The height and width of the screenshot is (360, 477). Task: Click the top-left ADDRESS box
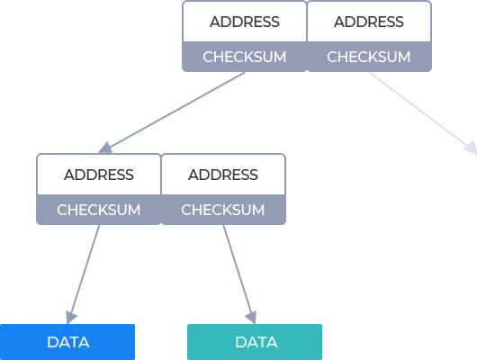pos(245,22)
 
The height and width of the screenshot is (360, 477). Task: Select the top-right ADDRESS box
pos(369,22)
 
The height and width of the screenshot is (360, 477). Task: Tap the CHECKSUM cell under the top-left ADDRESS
pos(245,57)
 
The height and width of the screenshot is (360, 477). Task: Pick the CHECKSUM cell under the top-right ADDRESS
pos(369,57)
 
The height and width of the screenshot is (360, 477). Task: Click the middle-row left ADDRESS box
pos(99,175)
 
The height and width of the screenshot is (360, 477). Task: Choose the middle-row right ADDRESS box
pos(223,175)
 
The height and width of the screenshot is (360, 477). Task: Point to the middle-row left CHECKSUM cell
pos(99,210)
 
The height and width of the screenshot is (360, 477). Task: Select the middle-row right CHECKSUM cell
pos(223,210)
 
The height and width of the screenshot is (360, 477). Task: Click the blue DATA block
pos(67,342)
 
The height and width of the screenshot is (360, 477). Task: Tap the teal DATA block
pos(255,342)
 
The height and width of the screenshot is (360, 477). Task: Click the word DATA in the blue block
pos(68,342)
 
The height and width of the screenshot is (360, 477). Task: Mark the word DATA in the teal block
pos(256,342)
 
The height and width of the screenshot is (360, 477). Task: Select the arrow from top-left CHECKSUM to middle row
pos(172,112)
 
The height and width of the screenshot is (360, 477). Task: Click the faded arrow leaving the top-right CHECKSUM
pos(423,112)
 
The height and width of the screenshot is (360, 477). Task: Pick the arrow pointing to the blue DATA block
pos(83,274)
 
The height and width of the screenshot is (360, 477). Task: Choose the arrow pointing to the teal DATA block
pos(239,274)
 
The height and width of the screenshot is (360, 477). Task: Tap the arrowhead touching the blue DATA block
pos(71,318)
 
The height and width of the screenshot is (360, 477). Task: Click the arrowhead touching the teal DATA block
pos(251,318)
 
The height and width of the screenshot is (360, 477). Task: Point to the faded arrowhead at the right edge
pos(471,148)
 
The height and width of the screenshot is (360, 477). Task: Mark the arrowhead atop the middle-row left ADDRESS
pos(105,148)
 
